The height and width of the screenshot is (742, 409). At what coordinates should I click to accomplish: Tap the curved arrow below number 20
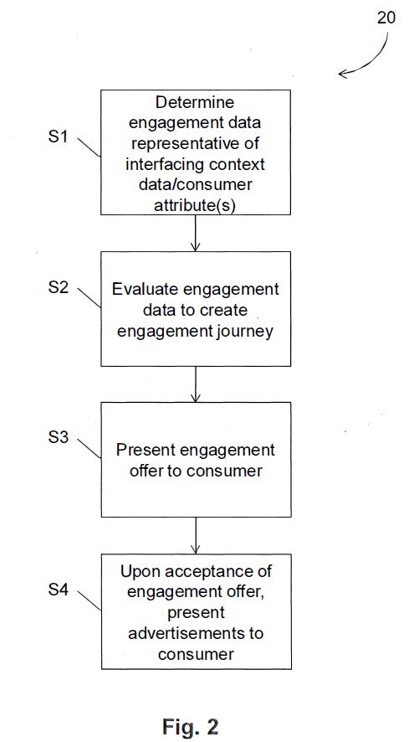pos(374,59)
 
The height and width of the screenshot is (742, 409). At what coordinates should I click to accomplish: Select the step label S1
pos(59,137)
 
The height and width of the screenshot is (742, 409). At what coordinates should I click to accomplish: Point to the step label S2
pos(59,288)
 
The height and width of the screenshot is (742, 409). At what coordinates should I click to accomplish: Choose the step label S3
pos(59,437)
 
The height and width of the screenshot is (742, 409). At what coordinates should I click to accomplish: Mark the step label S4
pos(59,590)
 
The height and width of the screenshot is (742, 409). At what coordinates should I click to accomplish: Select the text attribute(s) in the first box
pos(195,206)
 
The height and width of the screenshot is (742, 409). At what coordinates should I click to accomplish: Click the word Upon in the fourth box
pos(137,571)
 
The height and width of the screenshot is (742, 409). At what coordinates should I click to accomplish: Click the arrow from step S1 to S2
pos(195,232)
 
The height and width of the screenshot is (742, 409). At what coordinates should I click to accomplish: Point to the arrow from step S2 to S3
pos(195,384)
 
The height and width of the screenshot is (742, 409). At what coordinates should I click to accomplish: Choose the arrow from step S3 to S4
pos(195,535)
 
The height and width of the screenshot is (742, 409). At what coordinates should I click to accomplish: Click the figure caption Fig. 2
pos(191,726)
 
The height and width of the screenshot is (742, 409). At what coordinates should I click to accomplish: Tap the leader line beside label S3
pos(89,448)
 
